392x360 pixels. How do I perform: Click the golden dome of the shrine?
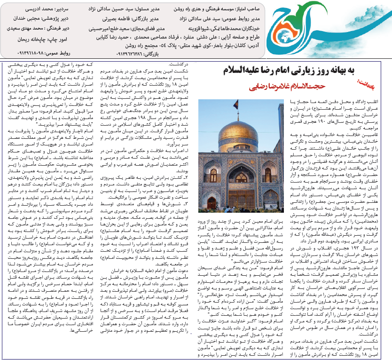[x=237, y=136]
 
